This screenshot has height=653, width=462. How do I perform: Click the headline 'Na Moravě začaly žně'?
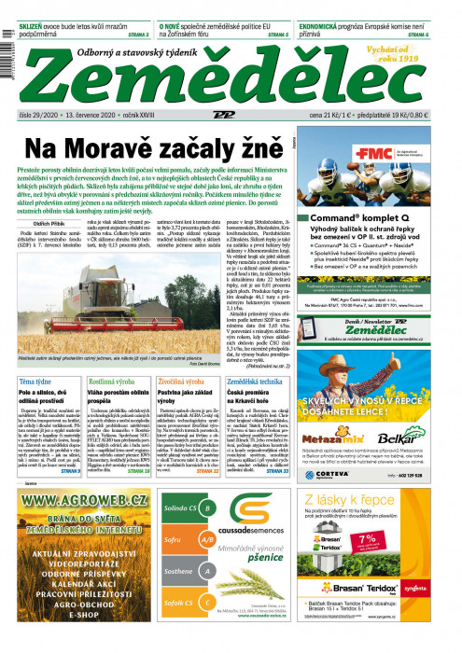152,148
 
